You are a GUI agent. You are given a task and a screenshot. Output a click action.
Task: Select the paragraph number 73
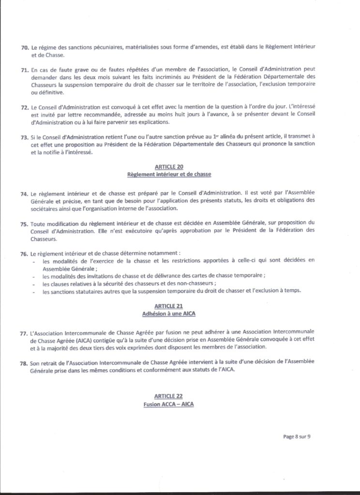[x=25, y=138]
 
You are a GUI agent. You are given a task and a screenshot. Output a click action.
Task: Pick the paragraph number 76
[x=25, y=253]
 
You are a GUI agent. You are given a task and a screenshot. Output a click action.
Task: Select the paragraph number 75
[x=25, y=223]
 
